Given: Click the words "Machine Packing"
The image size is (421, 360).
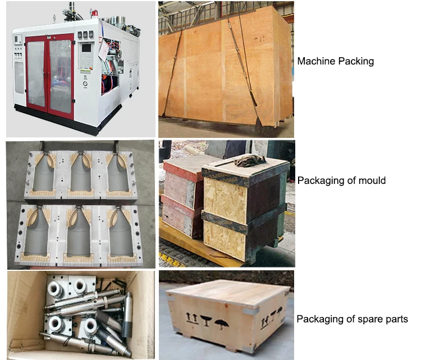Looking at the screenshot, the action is coord(335,61).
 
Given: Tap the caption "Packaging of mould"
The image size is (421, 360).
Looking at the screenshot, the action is coord(341,181).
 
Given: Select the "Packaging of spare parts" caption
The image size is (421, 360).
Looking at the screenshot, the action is coord(352,320).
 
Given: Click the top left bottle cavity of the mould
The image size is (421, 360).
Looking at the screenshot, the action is coord(40,174).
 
